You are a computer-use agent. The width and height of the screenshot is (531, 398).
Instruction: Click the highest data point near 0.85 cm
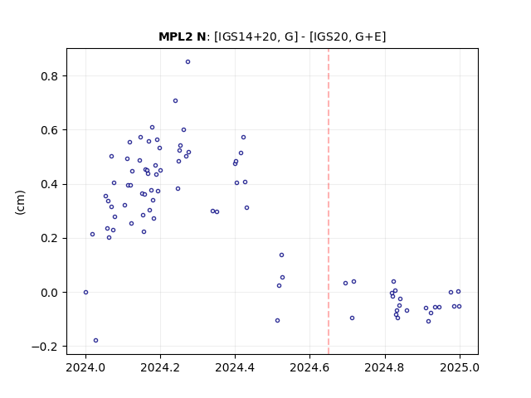point(188,62)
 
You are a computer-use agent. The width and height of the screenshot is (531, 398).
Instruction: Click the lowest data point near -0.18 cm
point(96,341)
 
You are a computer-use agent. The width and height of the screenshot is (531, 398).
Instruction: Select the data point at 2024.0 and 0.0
point(85,293)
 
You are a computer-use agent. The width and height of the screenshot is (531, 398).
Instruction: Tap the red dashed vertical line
point(329,201)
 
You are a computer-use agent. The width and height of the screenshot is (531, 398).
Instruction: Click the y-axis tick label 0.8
point(50,76)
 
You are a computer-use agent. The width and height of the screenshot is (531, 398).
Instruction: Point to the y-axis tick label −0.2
point(45,347)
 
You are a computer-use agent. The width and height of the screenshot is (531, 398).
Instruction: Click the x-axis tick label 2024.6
point(309,367)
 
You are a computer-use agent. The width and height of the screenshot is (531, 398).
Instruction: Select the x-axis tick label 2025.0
point(460,367)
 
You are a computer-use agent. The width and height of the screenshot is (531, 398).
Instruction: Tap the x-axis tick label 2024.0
point(85,367)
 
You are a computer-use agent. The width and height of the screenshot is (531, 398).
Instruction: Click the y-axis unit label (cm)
point(20,202)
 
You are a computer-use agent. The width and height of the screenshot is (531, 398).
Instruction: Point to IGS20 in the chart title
point(329,36)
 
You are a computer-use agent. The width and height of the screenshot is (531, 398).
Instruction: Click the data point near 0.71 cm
point(175,101)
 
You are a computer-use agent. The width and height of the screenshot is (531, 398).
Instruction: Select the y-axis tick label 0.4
point(50,184)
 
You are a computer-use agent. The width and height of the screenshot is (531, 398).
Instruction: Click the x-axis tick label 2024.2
point(160,367)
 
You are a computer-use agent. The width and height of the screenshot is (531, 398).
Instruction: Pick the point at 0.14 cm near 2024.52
point(282,255)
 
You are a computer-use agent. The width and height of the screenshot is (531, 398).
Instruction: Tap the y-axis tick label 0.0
point(50,293)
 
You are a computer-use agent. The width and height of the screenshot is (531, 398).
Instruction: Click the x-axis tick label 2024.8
point(385,367)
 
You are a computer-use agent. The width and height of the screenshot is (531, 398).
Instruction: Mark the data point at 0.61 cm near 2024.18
point(153,128)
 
